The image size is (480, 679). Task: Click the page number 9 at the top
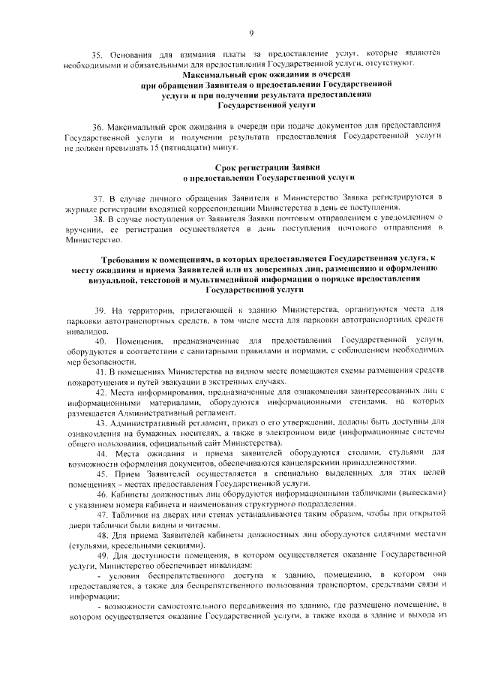point(252,32)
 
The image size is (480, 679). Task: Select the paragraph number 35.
point(97,54)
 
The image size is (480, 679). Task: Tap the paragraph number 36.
point(97,125)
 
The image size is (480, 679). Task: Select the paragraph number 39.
point(97,309)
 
